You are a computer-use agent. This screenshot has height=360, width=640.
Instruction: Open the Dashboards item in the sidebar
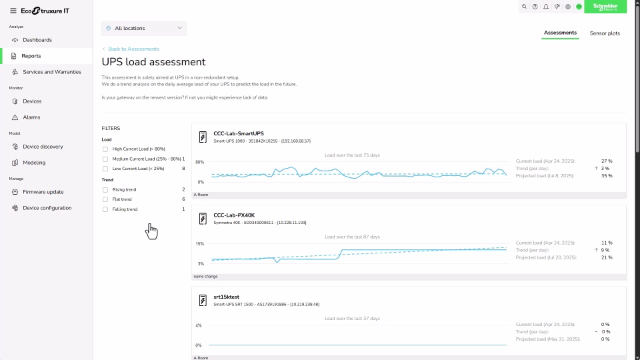pos(37,40)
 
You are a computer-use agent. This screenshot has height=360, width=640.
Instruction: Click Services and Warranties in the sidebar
pos(51,72)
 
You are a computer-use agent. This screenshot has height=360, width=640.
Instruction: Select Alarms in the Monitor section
pos(31,117)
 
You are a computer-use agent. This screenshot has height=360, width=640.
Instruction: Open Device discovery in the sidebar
pos(43,147)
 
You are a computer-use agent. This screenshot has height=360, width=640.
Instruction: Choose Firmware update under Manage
pos(43,192)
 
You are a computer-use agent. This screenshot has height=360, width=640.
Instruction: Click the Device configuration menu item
pos(47,208)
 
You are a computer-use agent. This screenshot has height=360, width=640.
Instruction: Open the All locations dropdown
pos(144,28)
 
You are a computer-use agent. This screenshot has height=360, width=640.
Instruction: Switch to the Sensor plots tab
pos(605,33)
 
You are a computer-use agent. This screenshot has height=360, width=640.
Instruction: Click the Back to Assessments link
pos(133,49)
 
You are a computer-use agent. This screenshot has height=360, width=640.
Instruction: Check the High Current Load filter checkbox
pos(105,149)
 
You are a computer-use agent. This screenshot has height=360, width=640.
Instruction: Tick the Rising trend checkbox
pos(105,190)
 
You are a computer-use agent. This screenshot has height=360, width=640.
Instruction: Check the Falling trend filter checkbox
pos(105,209)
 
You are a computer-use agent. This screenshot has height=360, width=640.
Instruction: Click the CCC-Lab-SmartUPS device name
pos(238,133)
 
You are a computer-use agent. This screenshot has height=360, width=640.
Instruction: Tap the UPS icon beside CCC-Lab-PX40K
pos(203,219)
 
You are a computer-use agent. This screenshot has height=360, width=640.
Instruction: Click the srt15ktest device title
pos(227,297)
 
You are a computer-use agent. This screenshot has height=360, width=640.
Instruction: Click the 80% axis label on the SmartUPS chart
pos(199,162)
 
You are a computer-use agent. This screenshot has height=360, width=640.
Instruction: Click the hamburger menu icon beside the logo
pos(13,11)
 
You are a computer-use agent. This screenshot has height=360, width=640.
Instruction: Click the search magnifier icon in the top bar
pos(524,7)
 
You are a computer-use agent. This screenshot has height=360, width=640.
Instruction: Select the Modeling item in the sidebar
pos(34,163)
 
